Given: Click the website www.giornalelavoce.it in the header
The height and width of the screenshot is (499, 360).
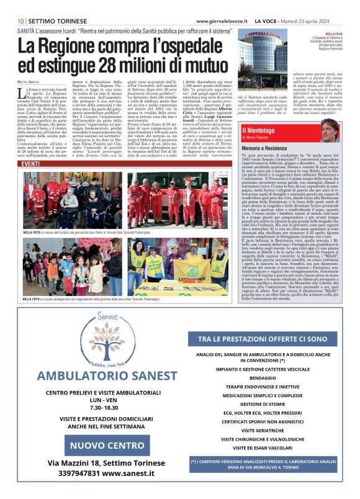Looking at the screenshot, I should [222, 20].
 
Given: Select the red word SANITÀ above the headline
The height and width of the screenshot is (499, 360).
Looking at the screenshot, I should [26, 30].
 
